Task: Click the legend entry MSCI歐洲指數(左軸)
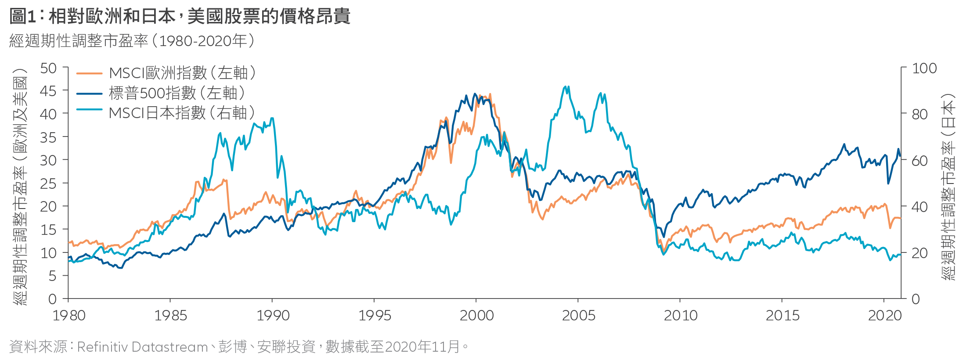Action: pos(182,73)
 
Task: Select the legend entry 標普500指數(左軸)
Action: pos(177,93)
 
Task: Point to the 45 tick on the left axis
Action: pos(48,91)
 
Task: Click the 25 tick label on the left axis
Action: pos(48,184)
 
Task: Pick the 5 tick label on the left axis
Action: pos(52,276)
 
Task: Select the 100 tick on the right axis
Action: pos(924,68)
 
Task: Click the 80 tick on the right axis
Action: pos(920,115)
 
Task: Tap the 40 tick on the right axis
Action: pos(920,207)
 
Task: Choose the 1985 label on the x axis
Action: pos(170,315)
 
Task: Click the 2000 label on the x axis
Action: pos(476,315)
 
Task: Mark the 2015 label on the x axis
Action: pos(782,315)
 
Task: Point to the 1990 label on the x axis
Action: pos(273,315)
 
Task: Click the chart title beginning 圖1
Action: pos(180,17)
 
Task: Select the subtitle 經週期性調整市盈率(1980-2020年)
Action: pos(132,41)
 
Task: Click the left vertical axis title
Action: pos(20,187)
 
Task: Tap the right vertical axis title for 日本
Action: pos(948,187)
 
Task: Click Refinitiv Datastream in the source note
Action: pos(142,347)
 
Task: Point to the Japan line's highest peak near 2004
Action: pos(565,87)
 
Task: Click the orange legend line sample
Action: pos(89,73)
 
